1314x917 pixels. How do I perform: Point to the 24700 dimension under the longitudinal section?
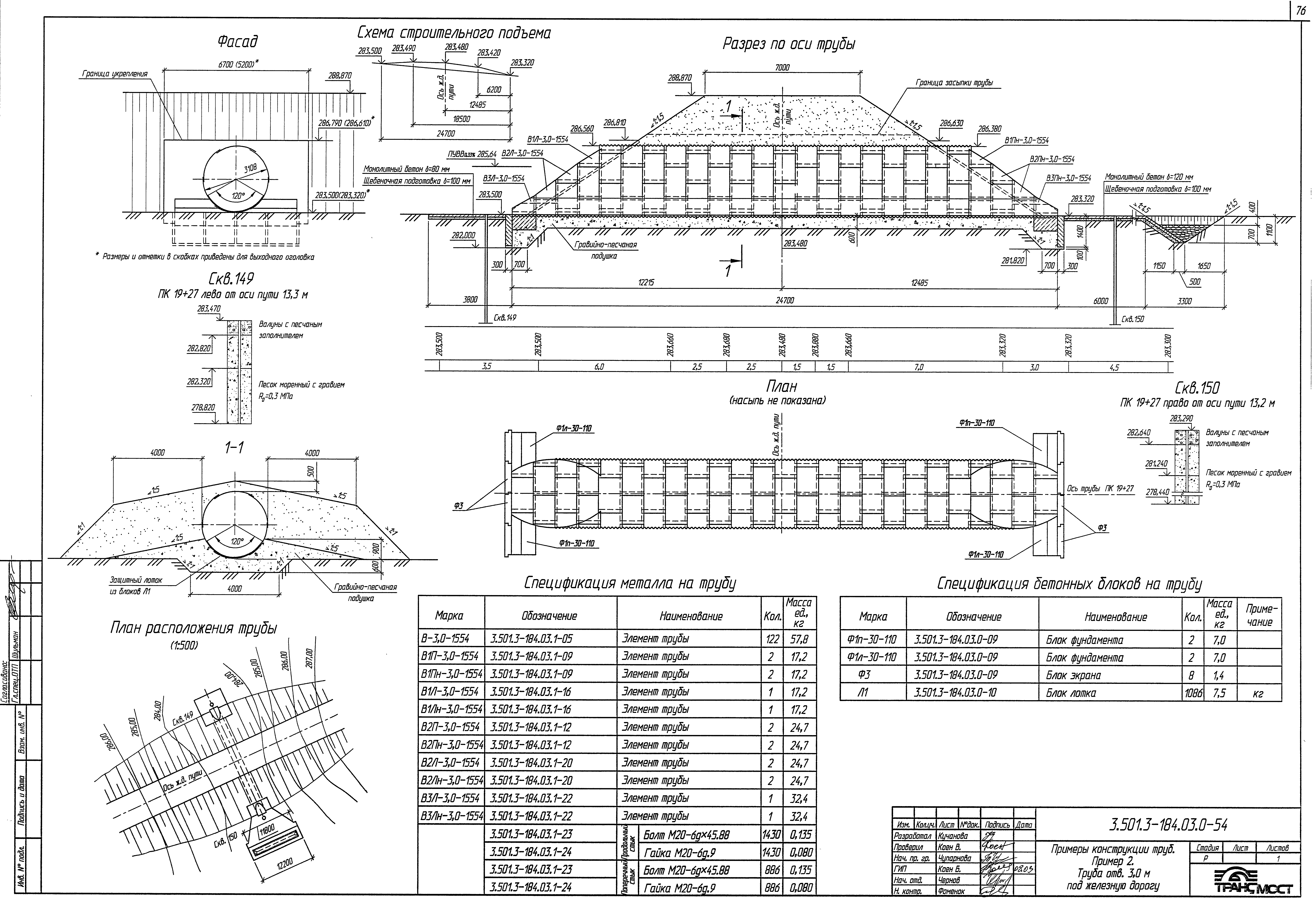[784, 300]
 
